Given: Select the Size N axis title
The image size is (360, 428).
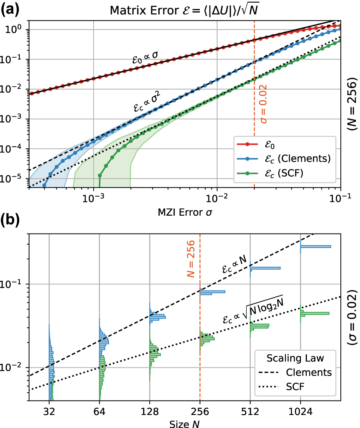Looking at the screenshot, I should tap(185, 423).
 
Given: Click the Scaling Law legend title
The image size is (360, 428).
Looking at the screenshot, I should tap(294, 358).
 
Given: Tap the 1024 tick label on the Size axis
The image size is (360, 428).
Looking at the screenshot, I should tap(300, 412).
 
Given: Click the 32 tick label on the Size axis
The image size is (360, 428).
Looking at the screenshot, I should tap(49, 412).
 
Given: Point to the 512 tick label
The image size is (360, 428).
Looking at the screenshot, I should tap(250, 412).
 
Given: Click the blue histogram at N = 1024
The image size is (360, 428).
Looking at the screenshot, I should tap(315, 247).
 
